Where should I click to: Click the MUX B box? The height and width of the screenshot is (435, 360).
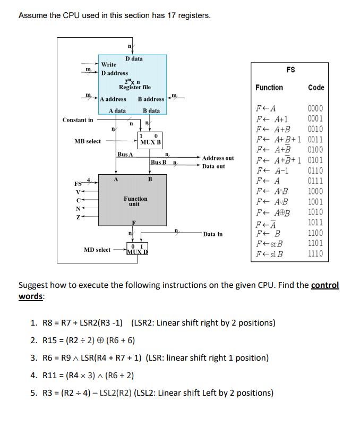[151, 140]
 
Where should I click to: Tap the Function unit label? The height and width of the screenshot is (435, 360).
[135, 201]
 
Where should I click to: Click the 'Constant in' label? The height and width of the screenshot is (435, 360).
[78, 120]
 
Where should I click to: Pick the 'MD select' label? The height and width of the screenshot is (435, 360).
[97, 250]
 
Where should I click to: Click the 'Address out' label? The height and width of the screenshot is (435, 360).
[218, 158]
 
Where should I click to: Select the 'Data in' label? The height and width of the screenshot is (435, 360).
[213, 234]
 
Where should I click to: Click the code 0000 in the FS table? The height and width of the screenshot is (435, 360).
[315, 108]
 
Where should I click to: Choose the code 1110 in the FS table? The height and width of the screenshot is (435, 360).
[315, 253]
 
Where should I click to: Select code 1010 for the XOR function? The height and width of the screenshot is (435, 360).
[315, 212]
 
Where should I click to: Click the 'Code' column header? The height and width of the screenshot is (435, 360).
[315, 88]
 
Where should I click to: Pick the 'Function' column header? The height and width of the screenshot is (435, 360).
[269, 88]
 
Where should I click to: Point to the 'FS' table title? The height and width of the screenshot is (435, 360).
[290, 70]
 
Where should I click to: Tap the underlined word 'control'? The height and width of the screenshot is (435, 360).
[324, 285]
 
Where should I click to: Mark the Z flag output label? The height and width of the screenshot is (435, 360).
[78, 217]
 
